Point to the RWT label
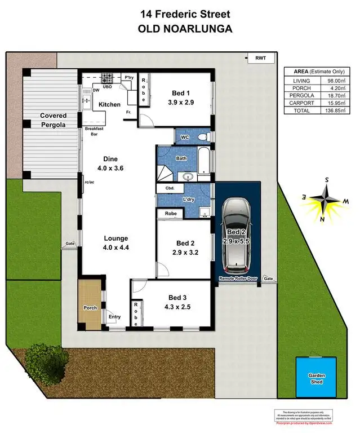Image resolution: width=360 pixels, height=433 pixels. point(260,58)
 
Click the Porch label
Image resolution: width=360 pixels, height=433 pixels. point(90,308)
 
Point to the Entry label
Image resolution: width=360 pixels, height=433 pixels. point(114,317)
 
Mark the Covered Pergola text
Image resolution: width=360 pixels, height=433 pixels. point(53,120)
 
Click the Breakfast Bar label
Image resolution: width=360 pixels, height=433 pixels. point(94,131)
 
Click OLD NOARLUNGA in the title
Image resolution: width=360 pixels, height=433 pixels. point(180,29)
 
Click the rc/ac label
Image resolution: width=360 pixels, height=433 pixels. point(88,182)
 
